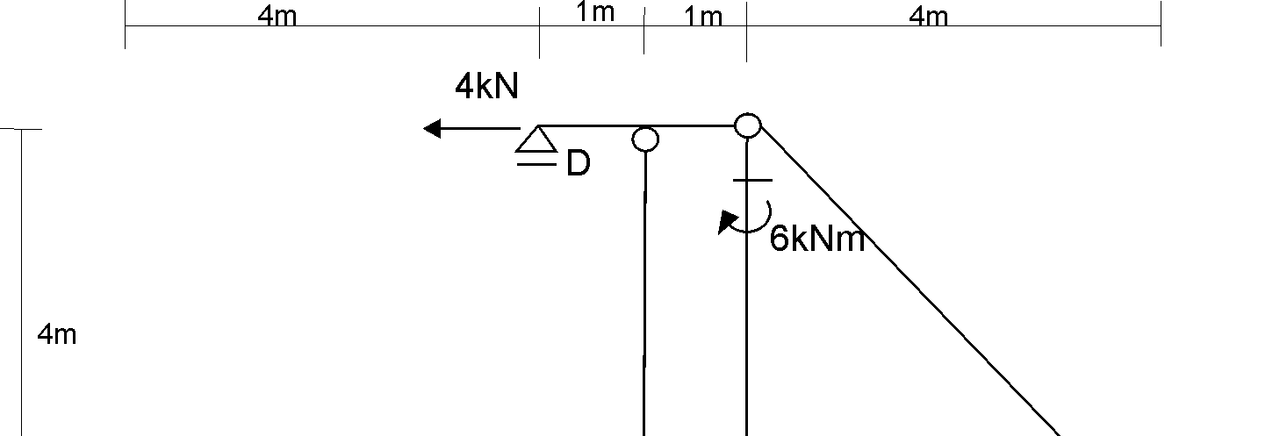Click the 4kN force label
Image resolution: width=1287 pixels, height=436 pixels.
point(486,86)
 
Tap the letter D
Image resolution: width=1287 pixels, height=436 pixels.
point(578,163)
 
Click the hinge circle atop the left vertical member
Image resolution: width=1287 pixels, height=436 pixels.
point(645,139)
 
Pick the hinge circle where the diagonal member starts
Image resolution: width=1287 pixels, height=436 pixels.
point(747,125)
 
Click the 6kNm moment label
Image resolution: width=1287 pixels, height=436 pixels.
point(816,239)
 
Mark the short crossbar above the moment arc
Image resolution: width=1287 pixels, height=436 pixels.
point(752,181)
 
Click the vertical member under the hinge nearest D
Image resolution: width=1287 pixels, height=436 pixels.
point(645,289)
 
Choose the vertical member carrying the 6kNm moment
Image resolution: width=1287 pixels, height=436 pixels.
point(746,333)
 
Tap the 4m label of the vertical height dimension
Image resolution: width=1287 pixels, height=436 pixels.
point(57,334)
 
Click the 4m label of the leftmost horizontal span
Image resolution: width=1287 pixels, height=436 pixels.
point(277,17)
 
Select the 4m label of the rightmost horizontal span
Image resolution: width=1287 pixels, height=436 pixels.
point(929,17)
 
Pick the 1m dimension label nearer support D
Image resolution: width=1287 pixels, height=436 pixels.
point(594,14)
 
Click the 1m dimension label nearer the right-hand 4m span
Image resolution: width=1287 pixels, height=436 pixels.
point(702,17)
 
